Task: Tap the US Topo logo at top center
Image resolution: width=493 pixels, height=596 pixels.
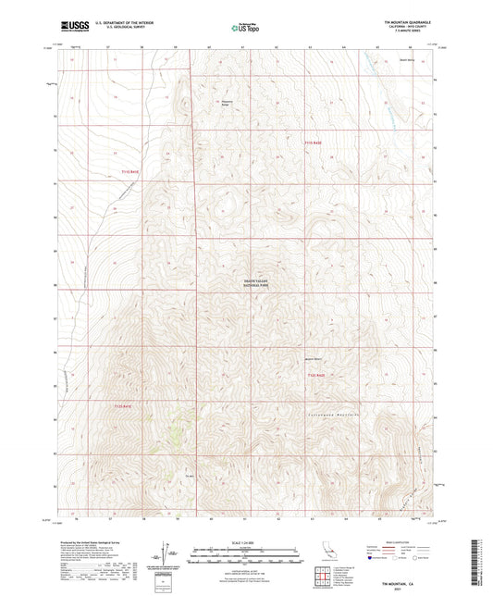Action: pyautogui.click(x=245, y=29)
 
